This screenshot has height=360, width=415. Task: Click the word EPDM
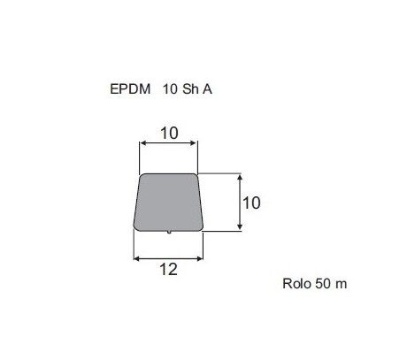click(130, 89)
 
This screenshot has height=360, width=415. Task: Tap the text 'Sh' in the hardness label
click(190, 89)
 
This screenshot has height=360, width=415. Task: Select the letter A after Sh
click(207, 89)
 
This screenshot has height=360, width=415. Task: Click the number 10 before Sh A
click(170, 89)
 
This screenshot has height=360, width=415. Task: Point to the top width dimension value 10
click(169, 134)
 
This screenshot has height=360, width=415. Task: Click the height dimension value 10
click(251, 203)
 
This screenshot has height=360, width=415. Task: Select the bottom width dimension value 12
click(168, 270)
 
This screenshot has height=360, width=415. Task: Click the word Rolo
click(296, 284)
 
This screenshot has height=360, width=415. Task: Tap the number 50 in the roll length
click(323, 284)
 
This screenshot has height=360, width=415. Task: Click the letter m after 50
click(341, 285)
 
